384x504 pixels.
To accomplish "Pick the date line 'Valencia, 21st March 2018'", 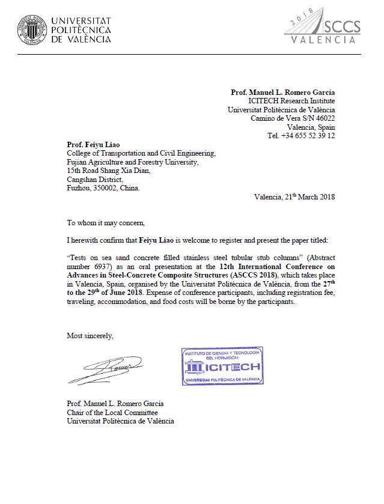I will coord(294,196).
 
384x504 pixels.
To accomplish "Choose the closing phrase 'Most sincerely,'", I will coord(90,336).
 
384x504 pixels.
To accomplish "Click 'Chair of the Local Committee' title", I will coord(112,412).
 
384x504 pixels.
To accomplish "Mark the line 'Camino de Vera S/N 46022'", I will coord(293,118).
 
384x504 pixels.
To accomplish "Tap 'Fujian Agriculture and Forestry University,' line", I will coord(132,162).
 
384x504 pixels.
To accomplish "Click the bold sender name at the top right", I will coord(283,93).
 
